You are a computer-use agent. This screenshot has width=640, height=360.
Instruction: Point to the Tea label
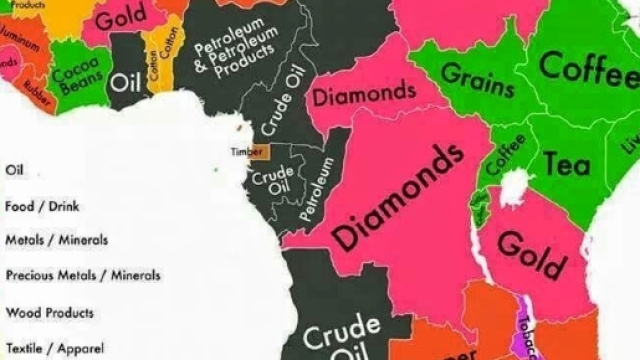click(567, 162)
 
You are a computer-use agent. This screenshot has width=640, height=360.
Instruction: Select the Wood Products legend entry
click(49, 312)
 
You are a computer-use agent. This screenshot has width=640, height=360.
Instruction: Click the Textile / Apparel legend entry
click(48, 349)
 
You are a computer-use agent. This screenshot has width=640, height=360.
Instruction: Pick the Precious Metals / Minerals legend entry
click(71, 275)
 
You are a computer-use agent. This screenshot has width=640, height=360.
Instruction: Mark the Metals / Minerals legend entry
click(56, 240)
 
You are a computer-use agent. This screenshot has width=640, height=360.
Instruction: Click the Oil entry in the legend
click(14, 171)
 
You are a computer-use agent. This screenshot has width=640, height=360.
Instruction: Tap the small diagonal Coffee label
click(498, 153)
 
